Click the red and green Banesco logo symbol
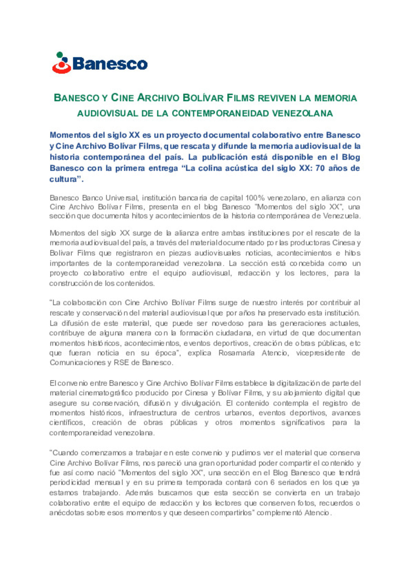tap(61, 63)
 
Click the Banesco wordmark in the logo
tap(110, 64)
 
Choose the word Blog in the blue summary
tap(351, 157)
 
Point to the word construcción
tap(71, 283)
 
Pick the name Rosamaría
tap(237, 353)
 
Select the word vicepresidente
tap(320, 353)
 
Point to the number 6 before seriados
tap(272, 482)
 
